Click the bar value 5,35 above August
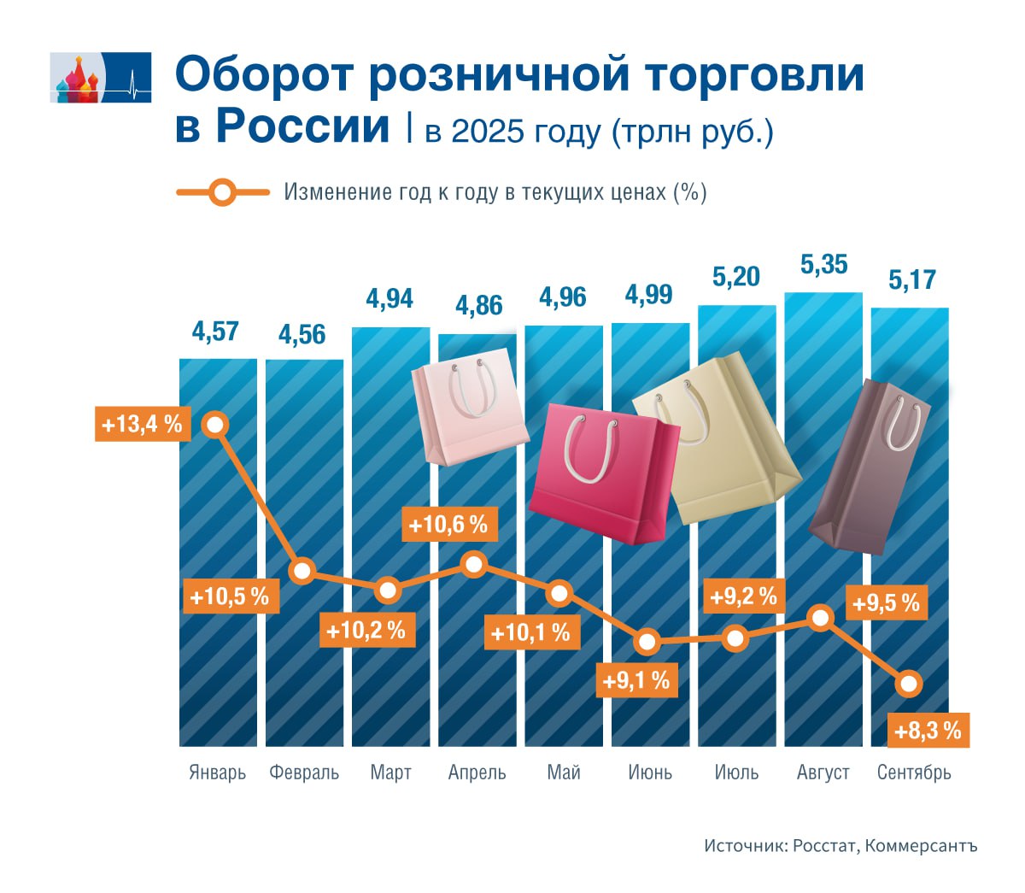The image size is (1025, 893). tap(823, 265)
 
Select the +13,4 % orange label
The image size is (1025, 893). tap(142, 424)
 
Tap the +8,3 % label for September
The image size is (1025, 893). tap(928, 731)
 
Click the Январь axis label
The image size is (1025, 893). tap(217, 773)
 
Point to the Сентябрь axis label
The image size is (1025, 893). tap(914, 773)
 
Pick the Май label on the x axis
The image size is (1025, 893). tap(564, 773)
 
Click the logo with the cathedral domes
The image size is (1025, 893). tap(100, 77)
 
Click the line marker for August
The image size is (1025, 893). tap(821, 618)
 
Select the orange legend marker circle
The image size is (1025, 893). tap(222, 192)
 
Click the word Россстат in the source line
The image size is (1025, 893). tap(823, 846)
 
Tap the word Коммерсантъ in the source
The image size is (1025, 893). tap(921, 846)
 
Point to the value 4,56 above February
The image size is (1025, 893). tap(302, 335)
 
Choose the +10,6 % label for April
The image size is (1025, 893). tap(448, 524)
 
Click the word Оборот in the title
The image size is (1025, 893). tap(263, 75)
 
